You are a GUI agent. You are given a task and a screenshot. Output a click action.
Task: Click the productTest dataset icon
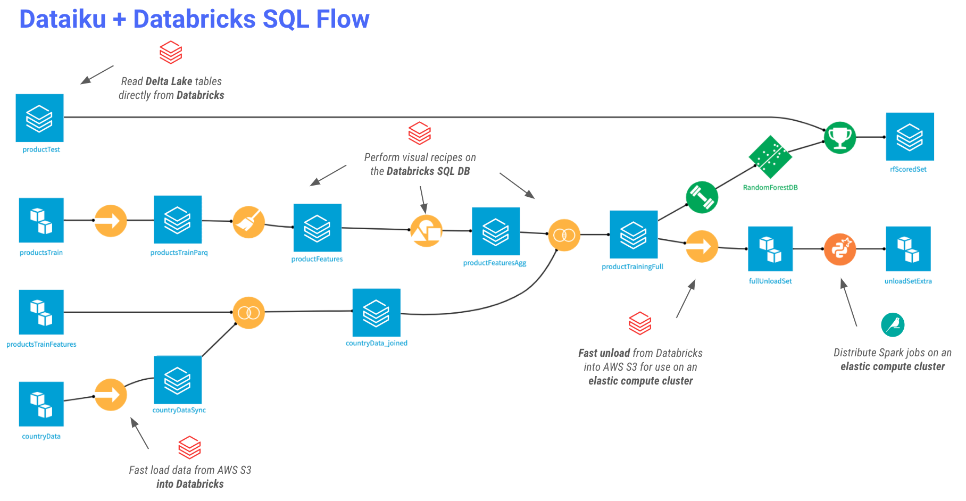pyautogui.click(x=39, y=118)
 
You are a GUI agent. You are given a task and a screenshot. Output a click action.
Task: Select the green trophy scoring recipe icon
pyautogui.click(x=839, y=138)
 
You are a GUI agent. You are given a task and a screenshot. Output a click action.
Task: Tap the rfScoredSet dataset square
pyautogui.click(x=910, y=137)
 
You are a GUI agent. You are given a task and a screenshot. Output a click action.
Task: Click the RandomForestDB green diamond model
pyautogui.click(x=770, y=157)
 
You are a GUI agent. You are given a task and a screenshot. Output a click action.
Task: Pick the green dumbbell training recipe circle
pyautogui.click(x=702, y=197)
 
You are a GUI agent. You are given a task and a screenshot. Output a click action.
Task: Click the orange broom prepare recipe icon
pyautogui.click(x=248, y=222)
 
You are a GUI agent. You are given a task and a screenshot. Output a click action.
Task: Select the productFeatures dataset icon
pyautogui.click(x=317, y=228)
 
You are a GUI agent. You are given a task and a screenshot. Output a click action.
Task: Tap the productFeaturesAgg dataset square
pyautogui.click(x=495, y=231)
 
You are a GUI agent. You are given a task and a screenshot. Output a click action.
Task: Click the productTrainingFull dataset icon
pyautogui.click(x=633, y=235)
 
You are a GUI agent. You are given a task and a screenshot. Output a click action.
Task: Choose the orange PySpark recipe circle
pyautogui.click(x=839, y=249)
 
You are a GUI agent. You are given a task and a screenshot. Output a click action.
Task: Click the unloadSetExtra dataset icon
pyautogui.click(x=908, y=249)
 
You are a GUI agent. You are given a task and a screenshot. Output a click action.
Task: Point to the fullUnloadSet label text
pyautogui.click(x=770, y=281)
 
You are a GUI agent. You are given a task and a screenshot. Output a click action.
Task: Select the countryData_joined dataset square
pyautogui.click(x=376, y=312)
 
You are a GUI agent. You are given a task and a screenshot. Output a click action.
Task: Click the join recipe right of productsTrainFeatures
pyautogui.click(x=248, y=313)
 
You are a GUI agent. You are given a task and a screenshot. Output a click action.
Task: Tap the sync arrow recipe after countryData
pyautogui.click(x=111, y=395)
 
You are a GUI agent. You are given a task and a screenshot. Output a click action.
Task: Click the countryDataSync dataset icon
pyautogui.click(x=177, y=380)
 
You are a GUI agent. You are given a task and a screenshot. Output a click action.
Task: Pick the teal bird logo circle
pyautogui.click(x=892, y=324)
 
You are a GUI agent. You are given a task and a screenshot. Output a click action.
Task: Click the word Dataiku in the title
pyautogui.click(x=63, y=20)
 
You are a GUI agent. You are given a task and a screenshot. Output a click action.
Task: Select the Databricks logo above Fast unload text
pyautogui.click(x=639, y=323)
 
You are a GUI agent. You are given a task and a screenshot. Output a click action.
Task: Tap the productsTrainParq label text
pyautogui.click(x=179, y=253)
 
